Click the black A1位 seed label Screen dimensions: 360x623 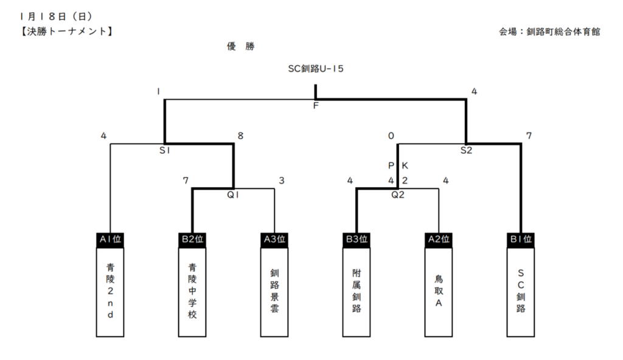click(x=110, y=239)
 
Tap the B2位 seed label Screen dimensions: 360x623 click(x=192, y=239)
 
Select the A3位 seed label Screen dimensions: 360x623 click(x=274, y=239)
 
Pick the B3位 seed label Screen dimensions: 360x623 click(x=357, y=239)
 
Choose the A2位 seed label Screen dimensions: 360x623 click(x=439, y=239)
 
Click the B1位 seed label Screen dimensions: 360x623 click(x=521, y=239)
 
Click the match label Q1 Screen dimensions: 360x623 click(x=234, y=195)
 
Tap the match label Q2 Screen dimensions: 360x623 click(x=398, y=195)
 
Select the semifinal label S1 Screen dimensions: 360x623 click(x=164, y=150)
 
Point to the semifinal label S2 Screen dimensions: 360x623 click(x=466, y=150)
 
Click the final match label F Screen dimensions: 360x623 click(x=316, y=105)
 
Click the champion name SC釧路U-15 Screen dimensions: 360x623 click(x=316, y=69)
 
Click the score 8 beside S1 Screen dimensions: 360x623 click(x=240, y=136)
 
